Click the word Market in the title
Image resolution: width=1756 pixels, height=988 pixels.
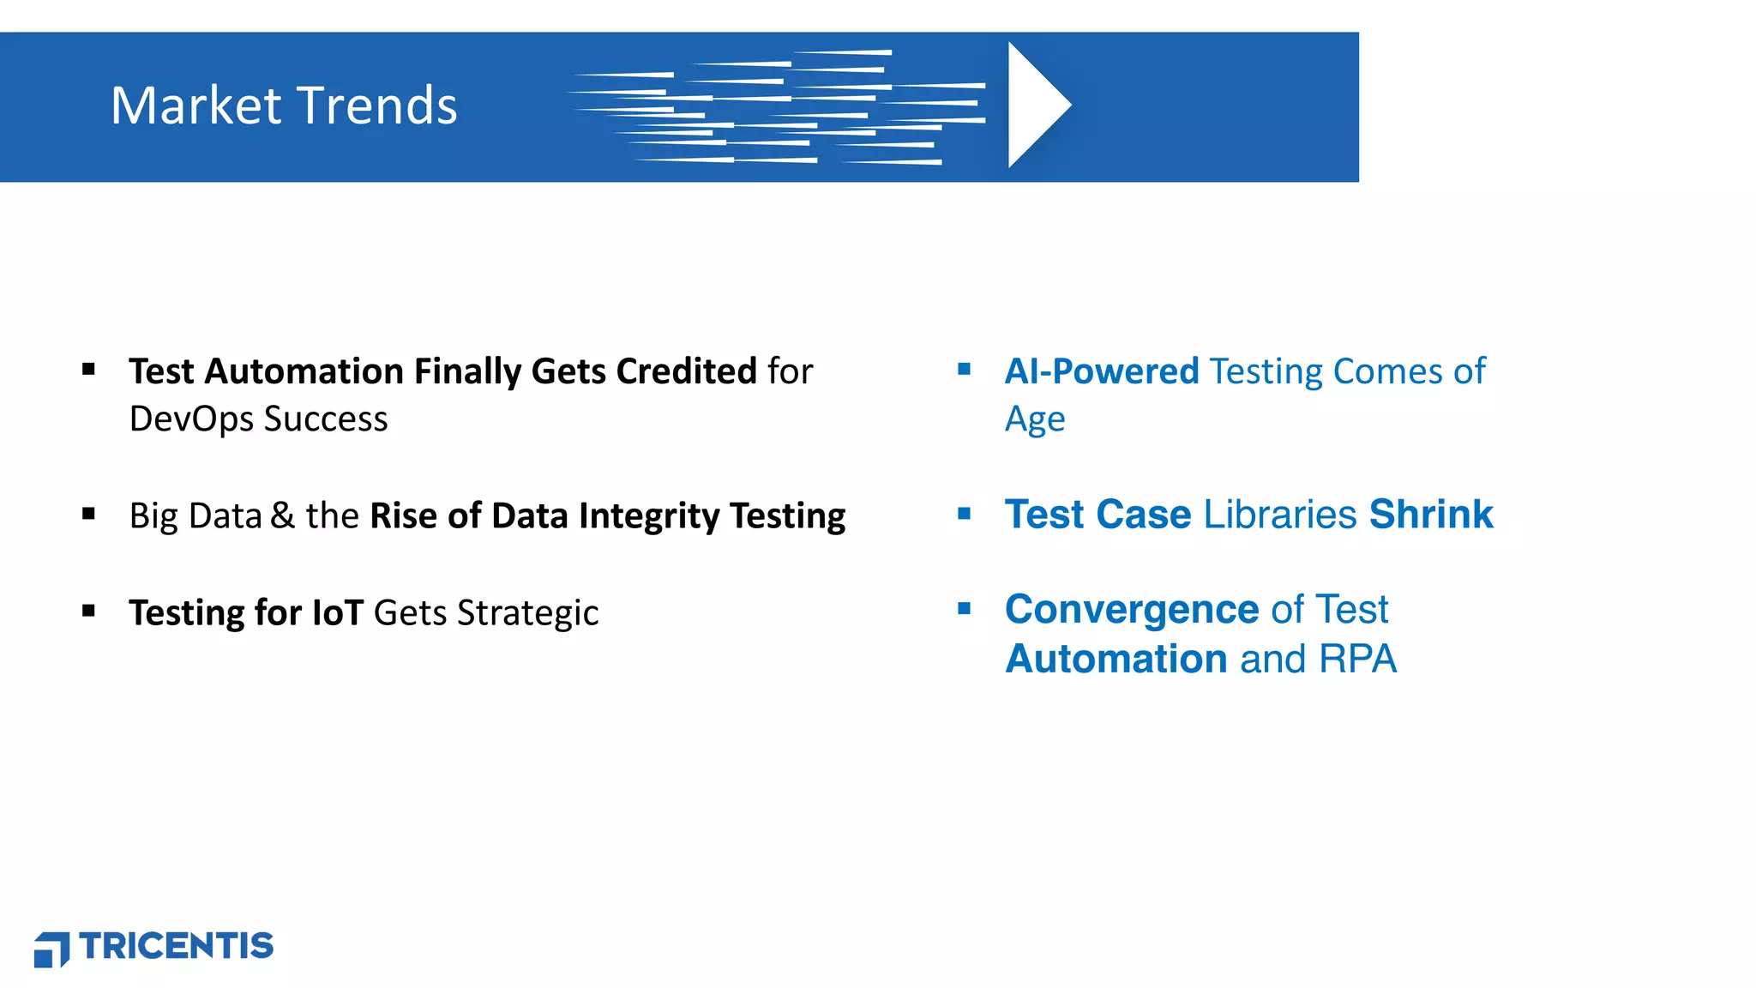196,105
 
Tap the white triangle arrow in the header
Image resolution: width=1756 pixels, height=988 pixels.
1036,105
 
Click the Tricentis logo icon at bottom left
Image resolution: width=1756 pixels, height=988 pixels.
51,949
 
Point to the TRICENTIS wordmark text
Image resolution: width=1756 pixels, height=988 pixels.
177,946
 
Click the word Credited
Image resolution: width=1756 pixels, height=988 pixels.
686,371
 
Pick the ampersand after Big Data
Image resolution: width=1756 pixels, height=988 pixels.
282,515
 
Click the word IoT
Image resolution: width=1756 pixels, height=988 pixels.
338,613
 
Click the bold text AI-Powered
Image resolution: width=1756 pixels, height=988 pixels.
1102,371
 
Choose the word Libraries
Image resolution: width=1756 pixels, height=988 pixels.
1280,515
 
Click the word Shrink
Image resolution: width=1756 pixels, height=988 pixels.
1431,515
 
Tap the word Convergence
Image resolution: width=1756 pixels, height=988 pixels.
1132,610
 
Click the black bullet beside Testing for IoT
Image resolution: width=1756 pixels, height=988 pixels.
89,611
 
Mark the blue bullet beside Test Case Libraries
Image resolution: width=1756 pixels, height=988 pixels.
965,514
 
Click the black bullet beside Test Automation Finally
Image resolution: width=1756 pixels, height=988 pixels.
89,370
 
